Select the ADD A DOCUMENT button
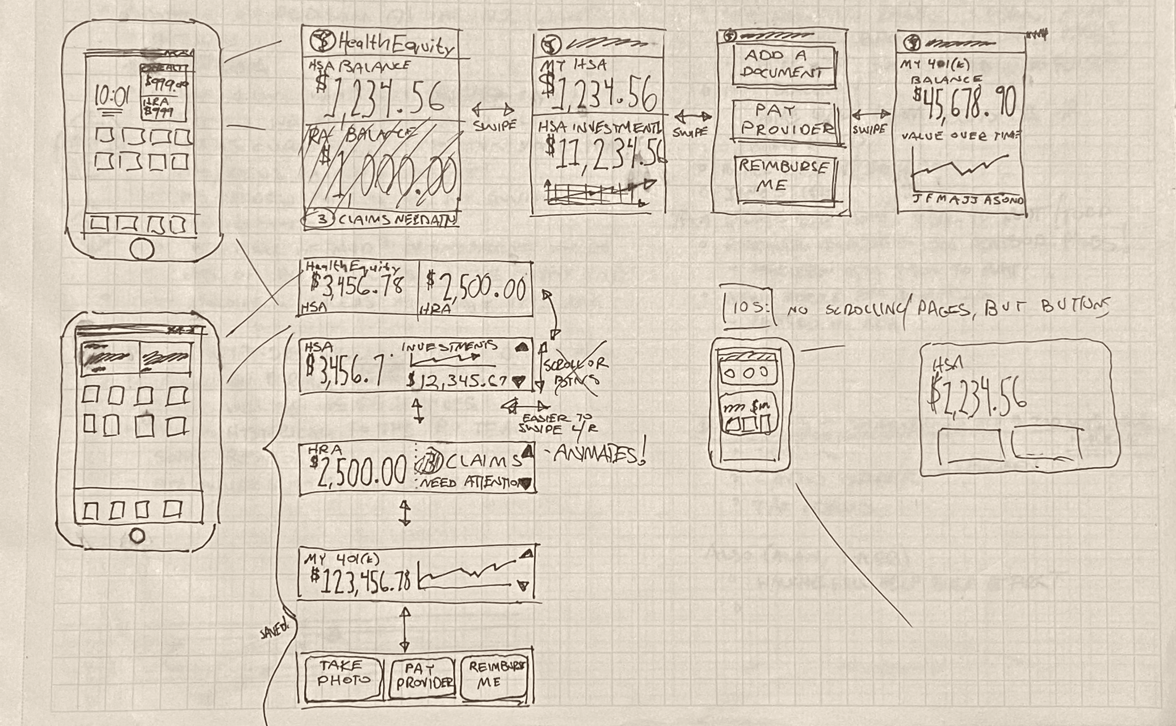783,64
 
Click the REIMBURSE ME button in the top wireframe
784,176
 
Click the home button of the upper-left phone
141,249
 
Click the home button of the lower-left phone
137,535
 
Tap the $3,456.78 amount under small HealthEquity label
356,285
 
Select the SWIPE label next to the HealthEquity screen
494,126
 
